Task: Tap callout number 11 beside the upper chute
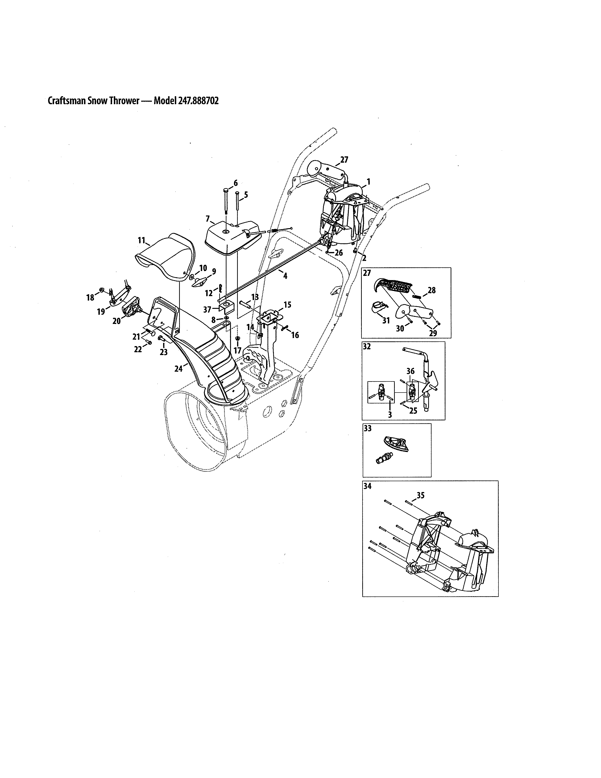tap(142, 241)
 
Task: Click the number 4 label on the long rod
tap(285, 275)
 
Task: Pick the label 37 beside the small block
tap(207, 309)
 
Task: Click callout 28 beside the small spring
tap(432, 290)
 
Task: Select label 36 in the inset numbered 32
tap(411, 371)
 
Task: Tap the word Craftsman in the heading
tap(67, 101)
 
